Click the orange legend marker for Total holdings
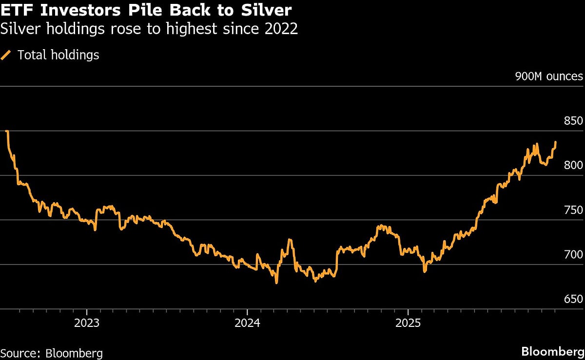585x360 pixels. (6, 55)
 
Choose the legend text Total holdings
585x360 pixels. (58, 55)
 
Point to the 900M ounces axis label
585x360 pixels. (548, 76)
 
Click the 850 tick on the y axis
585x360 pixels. (573, 121)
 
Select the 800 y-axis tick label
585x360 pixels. (573, 165)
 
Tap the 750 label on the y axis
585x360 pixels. (573, 210)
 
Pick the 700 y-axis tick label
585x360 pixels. (573, 254)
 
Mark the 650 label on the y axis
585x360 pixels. (573, 299)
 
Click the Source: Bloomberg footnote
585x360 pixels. (51, 353)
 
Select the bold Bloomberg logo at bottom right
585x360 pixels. (552, 351)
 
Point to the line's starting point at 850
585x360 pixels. (6, 131)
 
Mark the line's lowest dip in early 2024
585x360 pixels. (276, 283)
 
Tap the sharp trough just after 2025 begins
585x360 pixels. (424, 271)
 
